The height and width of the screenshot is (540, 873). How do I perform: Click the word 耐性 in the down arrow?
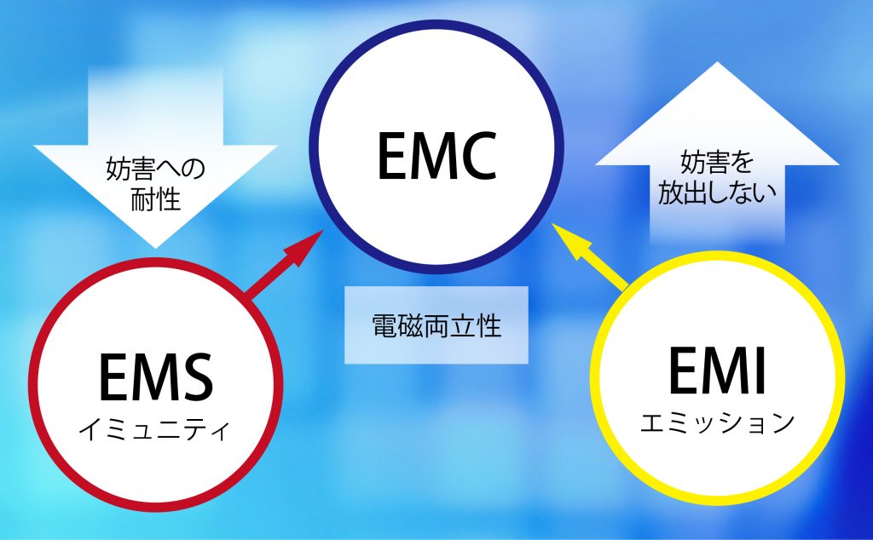pos(156,201)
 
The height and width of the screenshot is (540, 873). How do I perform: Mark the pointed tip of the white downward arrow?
pos(156,246)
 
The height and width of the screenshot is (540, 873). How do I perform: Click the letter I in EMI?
pos(758,372)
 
